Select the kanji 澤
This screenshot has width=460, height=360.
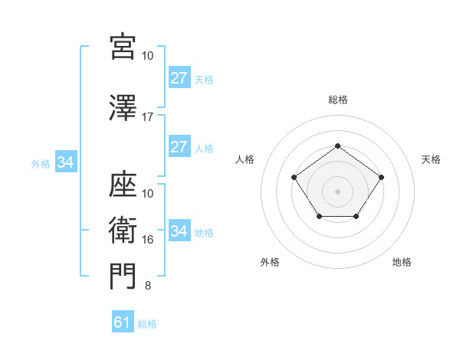[123, 109]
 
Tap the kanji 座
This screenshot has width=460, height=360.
[123, 185]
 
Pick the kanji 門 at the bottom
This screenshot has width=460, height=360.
[123, 277]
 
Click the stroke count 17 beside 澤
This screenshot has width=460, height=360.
[148, 117]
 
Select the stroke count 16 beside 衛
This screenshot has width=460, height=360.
[148, 240]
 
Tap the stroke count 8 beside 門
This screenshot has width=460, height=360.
[148, 286]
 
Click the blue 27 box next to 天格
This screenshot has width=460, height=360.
[179, 78]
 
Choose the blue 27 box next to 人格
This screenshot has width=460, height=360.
[179, 147]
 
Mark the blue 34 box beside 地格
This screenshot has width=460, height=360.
[179, 231]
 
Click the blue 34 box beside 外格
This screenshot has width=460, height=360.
[65, 162]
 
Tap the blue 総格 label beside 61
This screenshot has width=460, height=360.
[147, 324]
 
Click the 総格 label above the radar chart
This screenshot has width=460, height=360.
[337, 100]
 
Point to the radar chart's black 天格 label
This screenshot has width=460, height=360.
[432, 159]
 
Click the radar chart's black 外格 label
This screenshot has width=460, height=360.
[270, 262]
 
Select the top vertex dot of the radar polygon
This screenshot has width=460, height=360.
[337, 146]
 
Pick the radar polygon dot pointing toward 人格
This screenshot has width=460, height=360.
[294, 178]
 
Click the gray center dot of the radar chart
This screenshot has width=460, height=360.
[337, 191]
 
